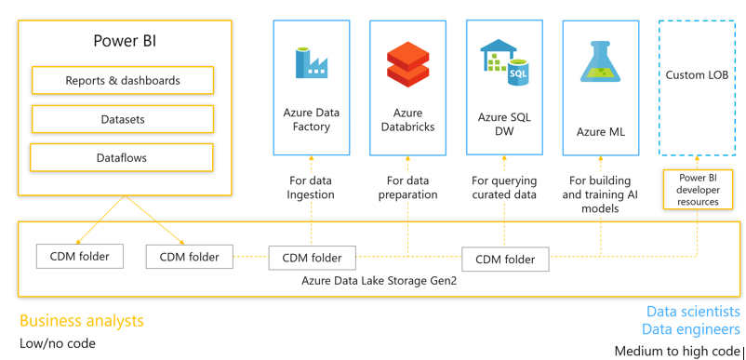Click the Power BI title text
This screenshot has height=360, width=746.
[123, 40]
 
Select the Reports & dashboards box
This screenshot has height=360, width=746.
[123, 81]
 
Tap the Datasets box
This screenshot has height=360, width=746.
[123, 119]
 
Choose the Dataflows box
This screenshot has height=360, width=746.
[122, 158]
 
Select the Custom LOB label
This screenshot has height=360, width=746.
[697, 75]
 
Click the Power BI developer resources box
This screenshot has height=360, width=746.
[699, 189]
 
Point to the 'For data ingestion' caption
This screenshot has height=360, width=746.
[311, 188]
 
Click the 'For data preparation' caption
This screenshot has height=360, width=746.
[407, 188]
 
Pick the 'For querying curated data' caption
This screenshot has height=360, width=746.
[504, 188]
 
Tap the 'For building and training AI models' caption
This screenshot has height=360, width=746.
[600, 194]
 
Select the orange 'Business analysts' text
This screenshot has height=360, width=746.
[82, 321]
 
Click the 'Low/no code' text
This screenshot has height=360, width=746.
[58, 344]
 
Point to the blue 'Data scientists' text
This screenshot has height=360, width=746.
[693, 312]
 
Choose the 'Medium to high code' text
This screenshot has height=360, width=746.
[677, 351]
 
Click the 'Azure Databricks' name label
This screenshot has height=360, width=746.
[407, 120]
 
